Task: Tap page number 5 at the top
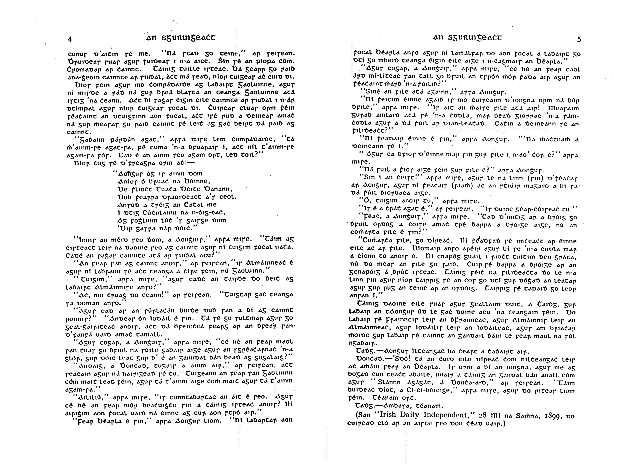pos(579,39)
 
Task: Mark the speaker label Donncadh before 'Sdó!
pos(367,360)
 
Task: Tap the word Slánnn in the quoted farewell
pos(391,384)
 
